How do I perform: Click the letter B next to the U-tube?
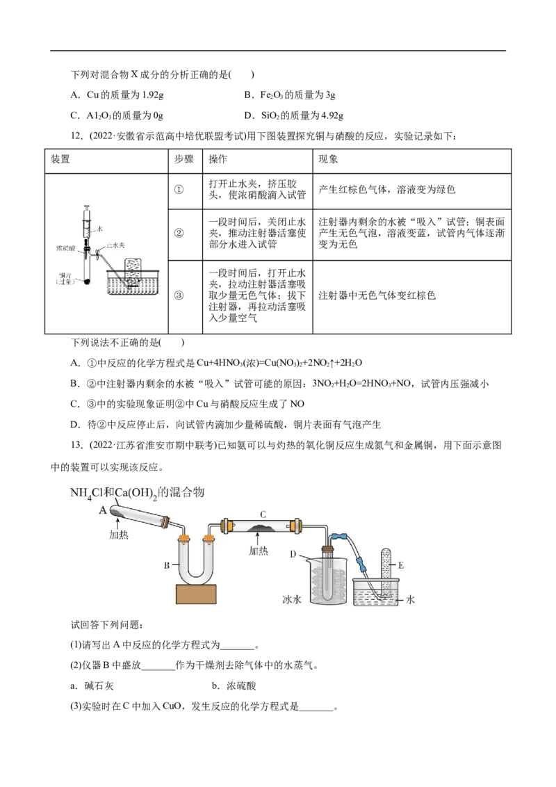pos(167,565)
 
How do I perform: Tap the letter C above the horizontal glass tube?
pos(263,514)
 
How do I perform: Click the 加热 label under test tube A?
pos(120,535)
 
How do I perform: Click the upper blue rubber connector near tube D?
pos(341,537)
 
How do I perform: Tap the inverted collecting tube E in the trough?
pos(387,570)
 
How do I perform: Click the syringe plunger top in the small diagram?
pos(87,207)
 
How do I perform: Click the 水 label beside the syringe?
pos(101,227)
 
